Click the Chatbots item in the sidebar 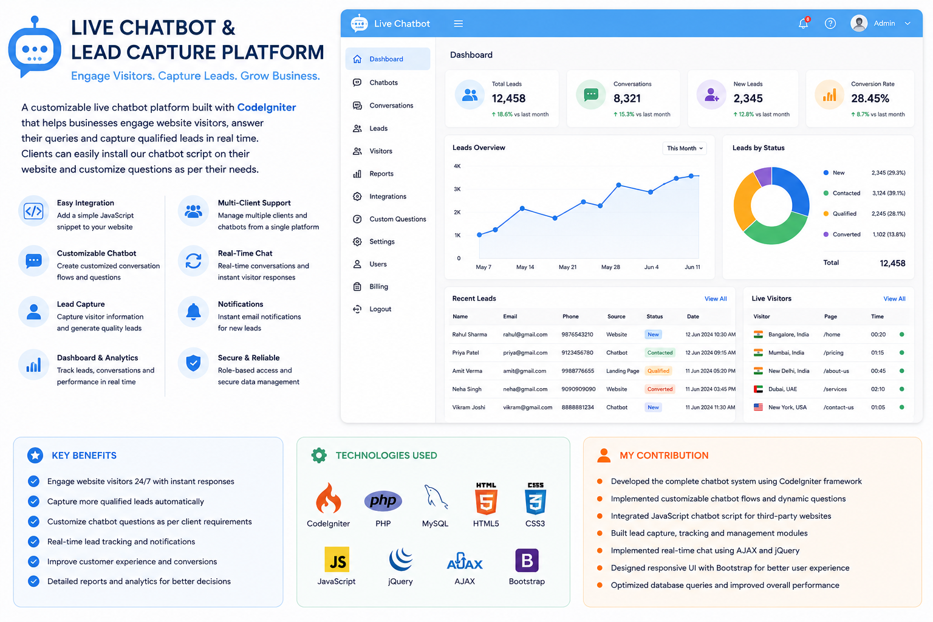[x=383, y=83]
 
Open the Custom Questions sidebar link [x=397, y=219]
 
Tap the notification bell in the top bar [x=804, y=23]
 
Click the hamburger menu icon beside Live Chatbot [x=458, y=24]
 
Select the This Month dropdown [x=685, y=148]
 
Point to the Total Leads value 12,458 [x=508, y=98]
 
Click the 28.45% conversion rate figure [x=870, y=98]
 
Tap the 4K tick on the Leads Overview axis [x=457, y=166]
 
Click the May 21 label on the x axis [x=567, y=267]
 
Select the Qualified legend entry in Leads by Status [x=844, y=214]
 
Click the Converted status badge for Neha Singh [x=659, y=389]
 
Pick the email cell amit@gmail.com [x=524, y=371]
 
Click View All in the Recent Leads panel [x=715, y=299]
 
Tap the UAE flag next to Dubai [x=758, y=389]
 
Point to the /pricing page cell [x=833, y=352]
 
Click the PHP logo [x=383, y=501]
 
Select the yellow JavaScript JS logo [x=337, y=559]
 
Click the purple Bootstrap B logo [x=527, y=560]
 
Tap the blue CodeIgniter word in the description [x=267, y=108]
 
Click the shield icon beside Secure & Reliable [x=193, y=363]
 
